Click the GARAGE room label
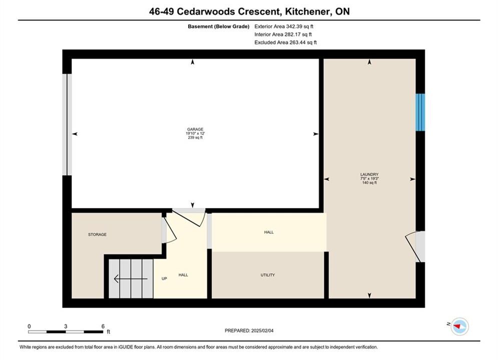click(x=195, y=129)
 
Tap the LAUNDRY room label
click(x=369, y=174)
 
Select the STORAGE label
click(x=97, y=234)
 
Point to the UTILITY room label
click(x=268, y=275)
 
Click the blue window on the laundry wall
click(x=420, y=112)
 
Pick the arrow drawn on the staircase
click(x=131, y=279)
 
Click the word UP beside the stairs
click(x=164, y=279)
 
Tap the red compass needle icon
click(x=457, y=325)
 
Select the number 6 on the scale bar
click(x=103, y=326)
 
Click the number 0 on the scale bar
click(x=29, y=326)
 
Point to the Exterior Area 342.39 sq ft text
click(x=284, y=26)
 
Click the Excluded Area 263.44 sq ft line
click(x=285, y=42)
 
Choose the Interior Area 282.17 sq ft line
click(x=283, y=34)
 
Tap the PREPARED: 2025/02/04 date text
click(x=249, y=330)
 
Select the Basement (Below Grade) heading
click(x=219, y=26)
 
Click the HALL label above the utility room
click(x=269, y=232)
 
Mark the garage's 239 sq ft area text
click(x=195, y=137)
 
